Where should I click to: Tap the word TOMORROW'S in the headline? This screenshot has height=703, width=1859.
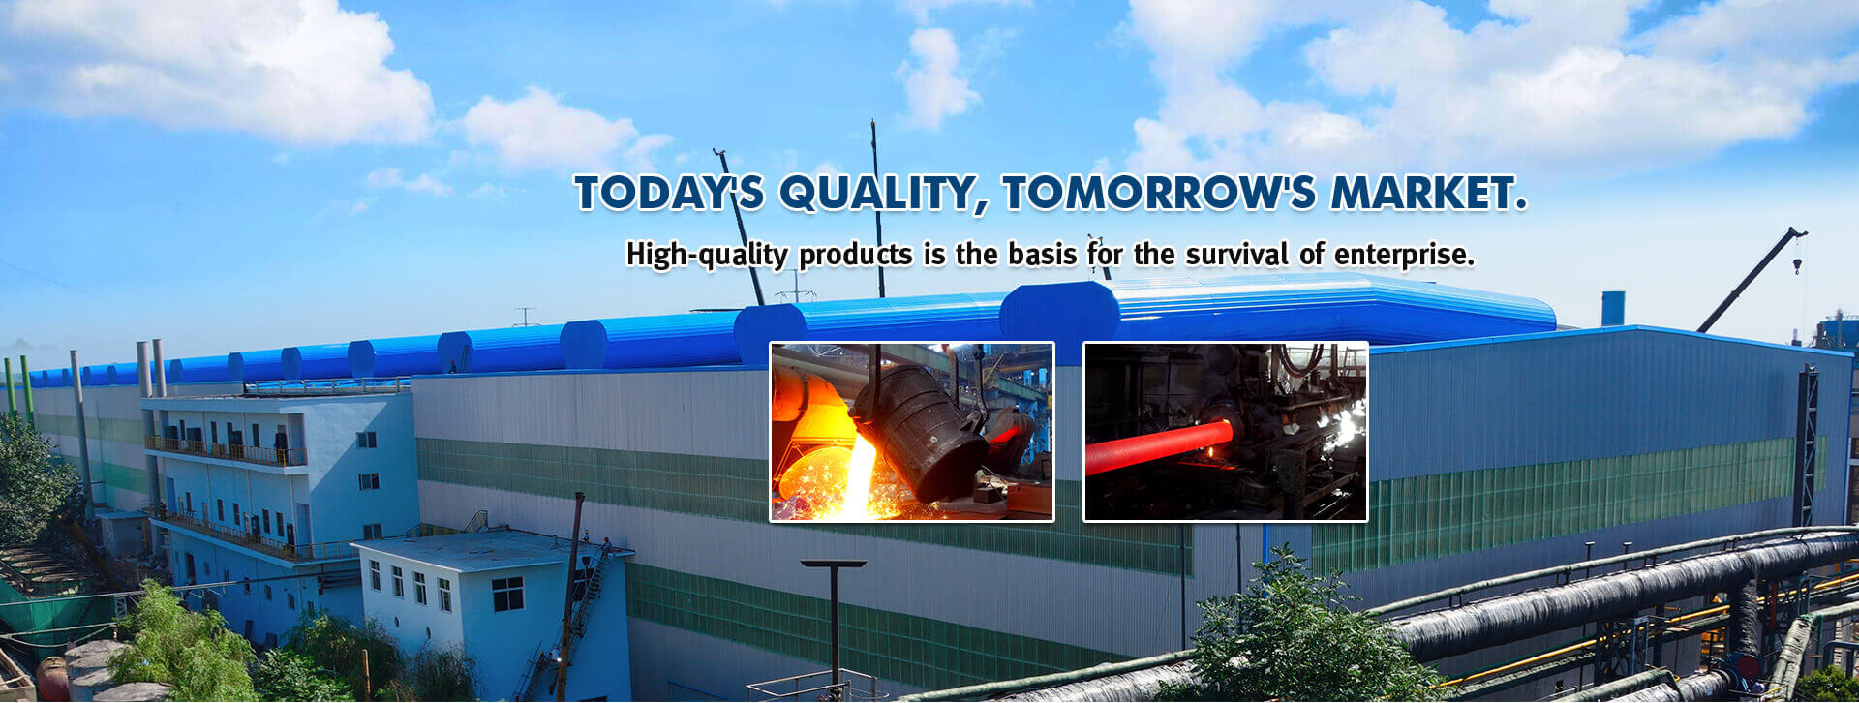click(1158, 192)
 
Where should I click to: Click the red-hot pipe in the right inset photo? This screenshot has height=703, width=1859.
click(1157, 445)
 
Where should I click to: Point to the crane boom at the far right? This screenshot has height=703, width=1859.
click(1751, 280)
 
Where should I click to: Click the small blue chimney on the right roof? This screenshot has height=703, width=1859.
click(1612, 309)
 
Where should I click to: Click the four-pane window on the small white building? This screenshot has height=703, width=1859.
click(507, 594)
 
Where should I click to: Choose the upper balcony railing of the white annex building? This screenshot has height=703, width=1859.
click(226, 451)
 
